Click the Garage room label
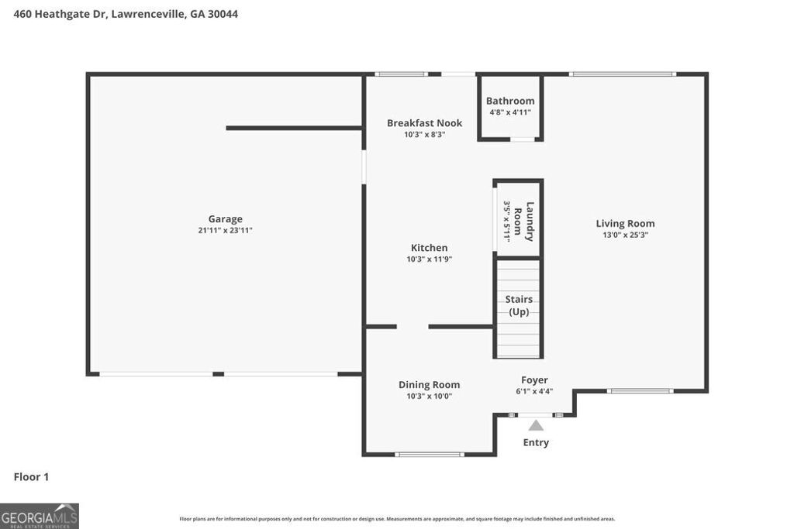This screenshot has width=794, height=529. pyautogui.click(x=225, y=219)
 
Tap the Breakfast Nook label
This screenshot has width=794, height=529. pyautogui.click(x=424, y=123)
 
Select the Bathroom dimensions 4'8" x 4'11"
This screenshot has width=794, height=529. pyautogui.click(x=510, y=112)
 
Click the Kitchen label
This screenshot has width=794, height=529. pyautogui.click(x=429, y=248)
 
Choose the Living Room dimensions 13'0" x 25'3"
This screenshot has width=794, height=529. pyautogui.click(x=625, y=235)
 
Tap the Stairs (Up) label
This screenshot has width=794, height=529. pyautogui.click(x=519, y=305)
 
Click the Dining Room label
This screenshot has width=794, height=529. pyautogui.click(x=429, y=385)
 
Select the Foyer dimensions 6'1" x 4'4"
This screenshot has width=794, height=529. pyautogui.click(x=534, y=391)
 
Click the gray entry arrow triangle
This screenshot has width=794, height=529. pyautogui.click(x=536, y=424)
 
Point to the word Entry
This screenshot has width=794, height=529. pyautogui.click(x=536, y=442)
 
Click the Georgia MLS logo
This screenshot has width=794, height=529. pyautogui.click(x=40, y=516)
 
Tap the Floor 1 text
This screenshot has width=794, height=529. pyautogui.click(x=31, y=477)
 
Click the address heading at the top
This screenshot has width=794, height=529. pyautogui.click(x=126, y=14)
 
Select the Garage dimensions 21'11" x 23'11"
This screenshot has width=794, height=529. pyautogui.click(x=225, y=230)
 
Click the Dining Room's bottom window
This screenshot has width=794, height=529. pyautogui.click(x=429, y=455)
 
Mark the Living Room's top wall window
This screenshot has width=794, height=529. pyautogui.click(x=623, y=74)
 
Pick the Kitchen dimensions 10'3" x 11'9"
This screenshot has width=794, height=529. pyautogui.click(x=429, y=259)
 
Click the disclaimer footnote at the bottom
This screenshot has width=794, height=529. pyautogui.click(x=397, y=519)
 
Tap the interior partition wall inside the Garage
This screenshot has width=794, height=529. pyautogui.click(x=294, y=128)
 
